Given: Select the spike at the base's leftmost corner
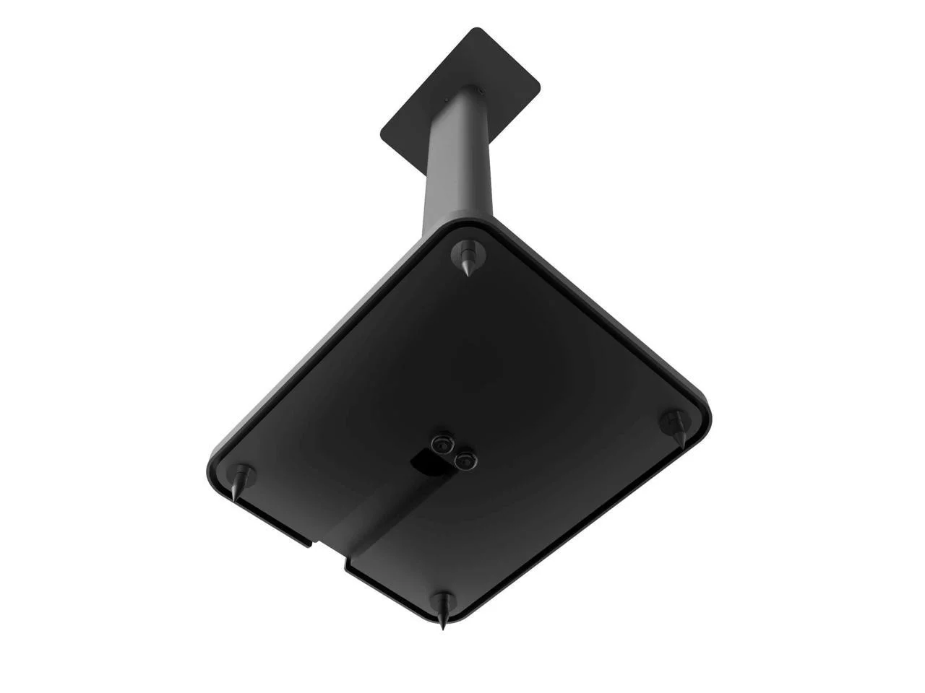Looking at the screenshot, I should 242,479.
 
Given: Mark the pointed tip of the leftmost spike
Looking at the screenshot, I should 235,500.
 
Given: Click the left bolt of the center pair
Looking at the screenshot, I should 439,445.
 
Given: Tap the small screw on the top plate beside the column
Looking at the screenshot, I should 447,100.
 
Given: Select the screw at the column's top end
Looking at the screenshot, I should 476,91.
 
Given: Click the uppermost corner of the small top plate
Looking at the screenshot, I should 477,30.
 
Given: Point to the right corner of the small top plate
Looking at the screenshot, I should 538,86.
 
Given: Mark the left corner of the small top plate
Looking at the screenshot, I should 383,134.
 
